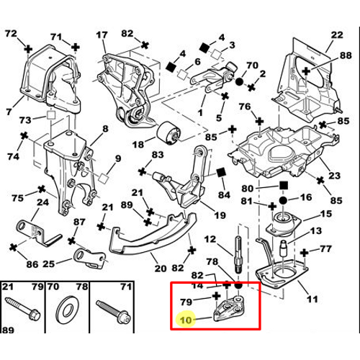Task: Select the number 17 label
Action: click(x=102, y=34)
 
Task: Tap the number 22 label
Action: click(x=337, y=35)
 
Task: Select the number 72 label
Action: click(x=10, y=34)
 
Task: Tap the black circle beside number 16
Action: click(x=283, y=198)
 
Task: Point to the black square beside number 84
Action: click(x=220, y=173)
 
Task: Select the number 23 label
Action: click(x=334, y=174)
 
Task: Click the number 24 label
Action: click(x=42, y=202)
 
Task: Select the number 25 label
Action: click(x=48, y=264)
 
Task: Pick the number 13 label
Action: click(x=315, y=231)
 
